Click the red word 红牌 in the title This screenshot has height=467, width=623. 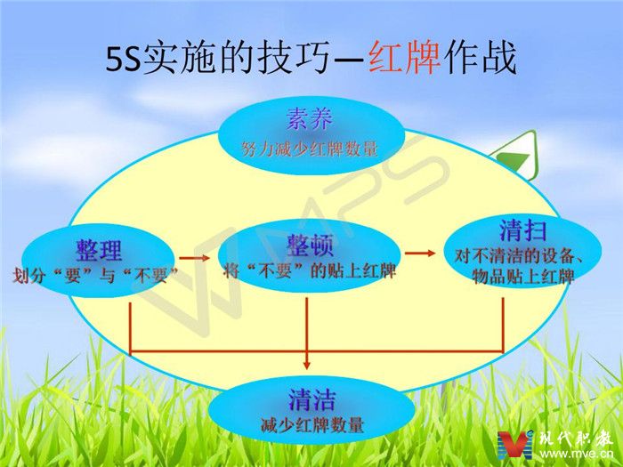pyautogui.click(x=404, y=58)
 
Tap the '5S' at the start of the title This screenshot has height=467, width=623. pyautogui.click(x=123, y=59)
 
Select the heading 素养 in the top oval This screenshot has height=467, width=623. pyautogui.click(x=309, y=118)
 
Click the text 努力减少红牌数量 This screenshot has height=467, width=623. pyautogui.click(x=309, y=149)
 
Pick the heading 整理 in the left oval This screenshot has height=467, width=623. pyautogui.click(x=99, y=250)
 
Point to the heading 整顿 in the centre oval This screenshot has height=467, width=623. pyautogui.click(x=310, y=245)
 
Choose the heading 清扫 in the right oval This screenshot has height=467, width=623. pyautogui.click(x=523, y=230)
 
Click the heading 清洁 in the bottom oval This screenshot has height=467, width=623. pyautogui.click(x=311, y=400)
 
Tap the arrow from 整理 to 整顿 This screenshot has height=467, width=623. pyautogui.click(x=194, y=258)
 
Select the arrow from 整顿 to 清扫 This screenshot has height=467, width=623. pyautogui.click(x=420, y=253)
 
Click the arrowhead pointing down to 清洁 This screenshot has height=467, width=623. pyautogui.click(x=306, y=364)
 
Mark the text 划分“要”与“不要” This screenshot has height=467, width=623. pyautogui.click(x=95, y=275)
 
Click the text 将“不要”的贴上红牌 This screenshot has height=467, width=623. pyautogui.click(x=310, y=270)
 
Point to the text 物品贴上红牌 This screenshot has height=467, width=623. pyautogui.click(x=523, y=276)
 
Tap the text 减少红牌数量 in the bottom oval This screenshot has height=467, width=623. pyautogui.click(x=311, y=425)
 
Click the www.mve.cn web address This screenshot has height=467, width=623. pyautogui.click(x=577, y=454)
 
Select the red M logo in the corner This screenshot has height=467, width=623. pyautogui.click(x=515, y=445)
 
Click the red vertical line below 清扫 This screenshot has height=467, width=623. pyautogui.click(x=503, y=326)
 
